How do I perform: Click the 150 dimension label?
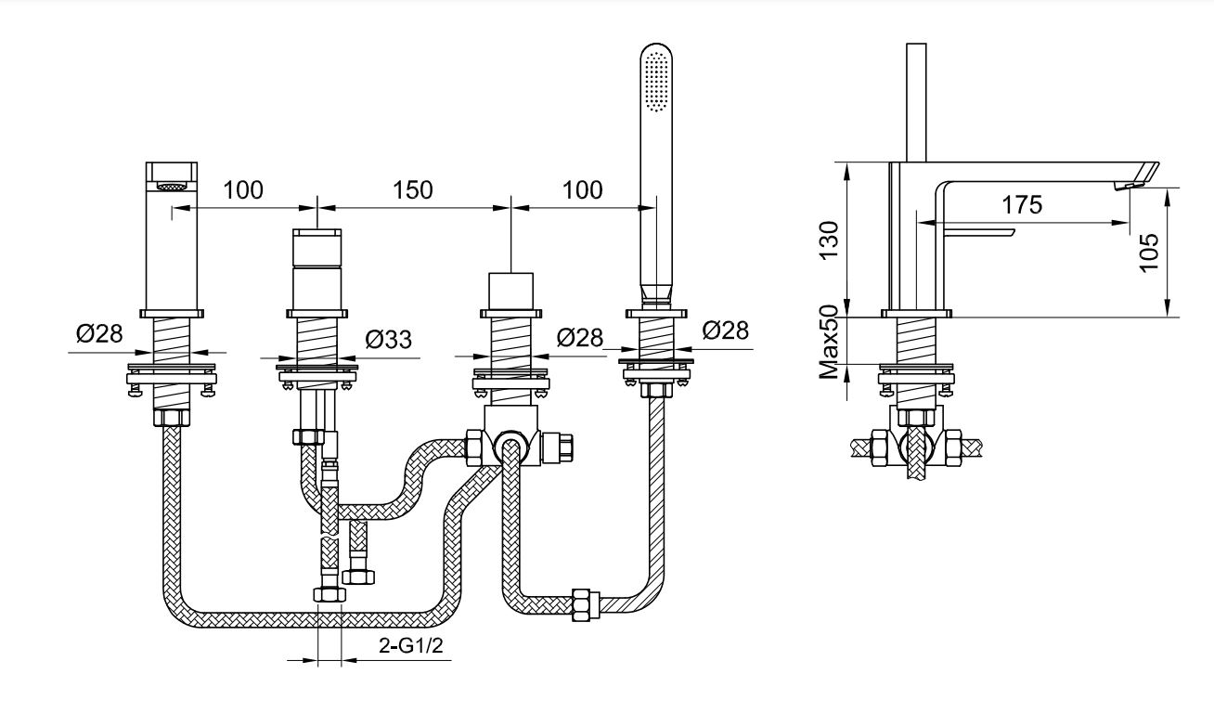tap(412, 189)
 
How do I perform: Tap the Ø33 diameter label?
tap(389, 340)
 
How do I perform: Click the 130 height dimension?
tap(830, 240)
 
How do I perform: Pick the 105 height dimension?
tap(1149, 252)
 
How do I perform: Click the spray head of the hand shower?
tap(656, 78)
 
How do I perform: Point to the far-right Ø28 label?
tap(726, 330)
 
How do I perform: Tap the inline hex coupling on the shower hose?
tap(586, 604)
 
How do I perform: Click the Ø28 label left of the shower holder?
tap(580, 338)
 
